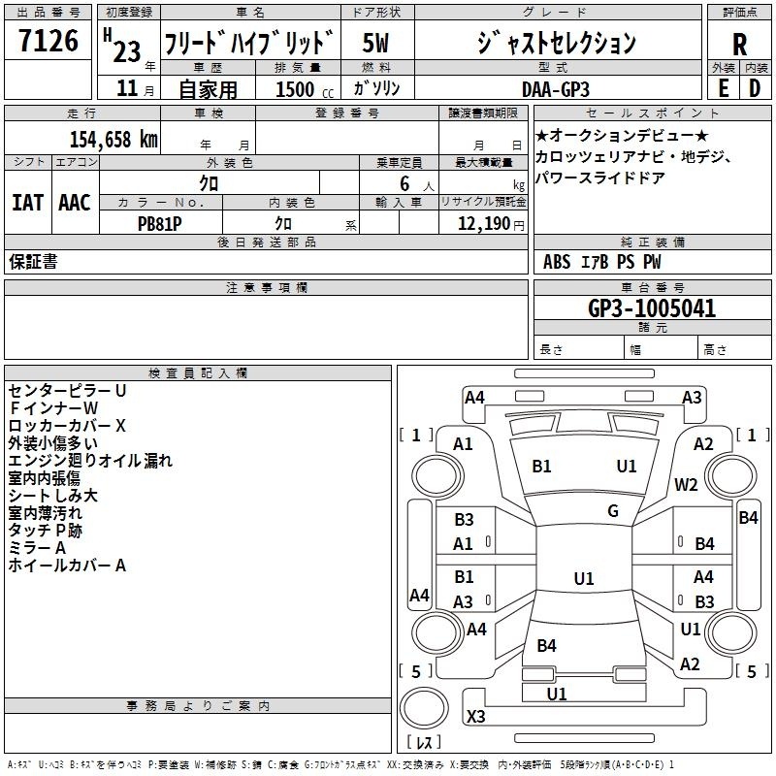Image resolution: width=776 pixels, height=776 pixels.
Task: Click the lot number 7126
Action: click(48, 43)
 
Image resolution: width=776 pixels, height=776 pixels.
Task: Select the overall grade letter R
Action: click(739, 45)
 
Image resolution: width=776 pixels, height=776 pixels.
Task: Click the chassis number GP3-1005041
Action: click(652, 309)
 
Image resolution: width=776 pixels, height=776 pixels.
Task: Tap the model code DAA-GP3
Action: click(562, 88)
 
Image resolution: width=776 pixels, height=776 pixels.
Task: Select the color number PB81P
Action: click(160, 221)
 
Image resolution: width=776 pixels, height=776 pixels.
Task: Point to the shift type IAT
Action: click(28, 203)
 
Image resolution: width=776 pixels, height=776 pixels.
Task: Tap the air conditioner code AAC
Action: click(74, 203)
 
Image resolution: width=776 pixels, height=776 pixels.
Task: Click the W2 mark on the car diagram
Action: click(687, 485)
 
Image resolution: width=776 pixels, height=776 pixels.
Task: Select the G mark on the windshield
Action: click(613, 511)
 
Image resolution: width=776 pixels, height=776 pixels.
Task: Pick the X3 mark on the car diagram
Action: click(476, 716)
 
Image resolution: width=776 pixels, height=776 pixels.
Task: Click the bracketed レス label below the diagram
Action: click(424, 745)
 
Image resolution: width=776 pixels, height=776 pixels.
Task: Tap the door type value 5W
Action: click(376, 43)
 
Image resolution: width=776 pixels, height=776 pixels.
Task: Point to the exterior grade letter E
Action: click(723, 88)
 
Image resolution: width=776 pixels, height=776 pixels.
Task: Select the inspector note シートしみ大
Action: click(52, 496)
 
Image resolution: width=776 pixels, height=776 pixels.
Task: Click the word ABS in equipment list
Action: click(557, 262)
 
